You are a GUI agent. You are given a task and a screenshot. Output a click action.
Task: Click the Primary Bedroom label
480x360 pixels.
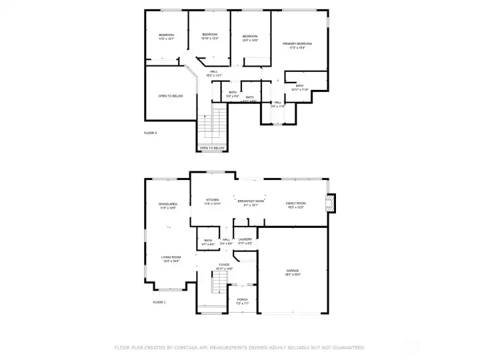301,43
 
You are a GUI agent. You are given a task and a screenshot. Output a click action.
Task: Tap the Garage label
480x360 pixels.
293,270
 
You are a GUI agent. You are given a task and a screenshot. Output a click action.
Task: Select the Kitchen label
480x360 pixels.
213,200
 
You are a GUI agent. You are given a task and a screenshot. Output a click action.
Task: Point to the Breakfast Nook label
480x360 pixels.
251,201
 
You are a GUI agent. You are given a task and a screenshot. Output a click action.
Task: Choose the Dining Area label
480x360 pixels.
168,204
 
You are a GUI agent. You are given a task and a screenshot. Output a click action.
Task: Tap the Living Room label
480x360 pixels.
171,257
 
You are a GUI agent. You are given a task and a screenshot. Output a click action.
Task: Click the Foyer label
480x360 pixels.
225,265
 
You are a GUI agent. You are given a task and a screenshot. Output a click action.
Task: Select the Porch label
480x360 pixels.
243,299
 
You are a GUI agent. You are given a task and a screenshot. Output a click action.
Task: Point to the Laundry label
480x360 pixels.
245,239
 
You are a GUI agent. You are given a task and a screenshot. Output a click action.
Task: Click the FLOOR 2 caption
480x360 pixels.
151,133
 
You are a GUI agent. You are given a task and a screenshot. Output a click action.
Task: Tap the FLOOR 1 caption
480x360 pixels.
159,302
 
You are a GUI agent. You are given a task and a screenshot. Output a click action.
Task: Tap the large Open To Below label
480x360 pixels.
171,96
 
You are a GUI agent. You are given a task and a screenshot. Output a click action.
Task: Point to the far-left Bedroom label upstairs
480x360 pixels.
166,35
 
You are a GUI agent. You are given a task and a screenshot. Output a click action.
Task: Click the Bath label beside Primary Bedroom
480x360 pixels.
300,85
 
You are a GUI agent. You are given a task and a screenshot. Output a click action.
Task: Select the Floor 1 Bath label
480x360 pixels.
208,240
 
